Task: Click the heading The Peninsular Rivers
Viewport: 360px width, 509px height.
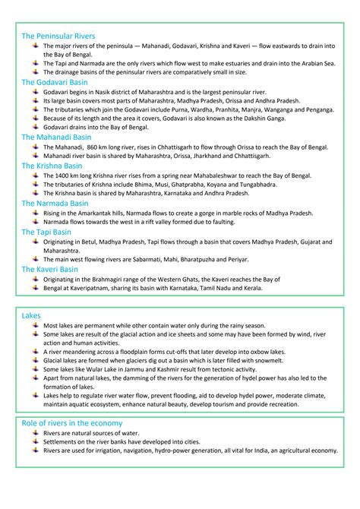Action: tap(58, 36)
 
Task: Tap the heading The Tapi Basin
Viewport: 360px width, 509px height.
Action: tap(46, 232)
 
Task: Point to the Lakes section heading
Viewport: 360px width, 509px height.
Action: tap(31, 314)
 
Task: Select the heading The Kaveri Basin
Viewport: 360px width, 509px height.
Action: tap(49, 268)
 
